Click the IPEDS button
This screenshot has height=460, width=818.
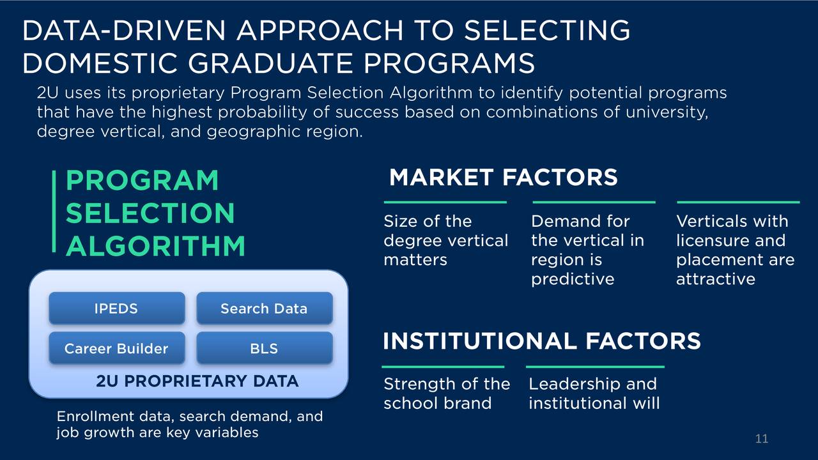click(117, 308)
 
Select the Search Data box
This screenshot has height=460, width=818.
click(265, 308)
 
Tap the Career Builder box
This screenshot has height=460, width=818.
click(117, 348)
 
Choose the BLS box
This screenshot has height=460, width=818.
click(265, 348)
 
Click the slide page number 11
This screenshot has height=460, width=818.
click(761, 438)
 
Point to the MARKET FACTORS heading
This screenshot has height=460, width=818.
click(503, 178)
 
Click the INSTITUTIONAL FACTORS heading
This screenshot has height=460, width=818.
click(541, 341)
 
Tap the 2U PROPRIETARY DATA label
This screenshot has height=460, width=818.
click(197, 381)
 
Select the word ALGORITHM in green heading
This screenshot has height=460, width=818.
click(155, 246)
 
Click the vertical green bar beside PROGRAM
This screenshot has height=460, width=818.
click(54, 211)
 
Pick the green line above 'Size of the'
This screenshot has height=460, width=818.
click(445, 202)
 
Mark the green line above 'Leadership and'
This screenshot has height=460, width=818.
click(595, 367)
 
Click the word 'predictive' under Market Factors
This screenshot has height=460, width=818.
click(573, 279)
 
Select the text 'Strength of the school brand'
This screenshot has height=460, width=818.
click(447, 394)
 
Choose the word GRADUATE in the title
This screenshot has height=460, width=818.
click(270, 63)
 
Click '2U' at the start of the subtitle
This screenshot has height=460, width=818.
click(47, 93)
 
